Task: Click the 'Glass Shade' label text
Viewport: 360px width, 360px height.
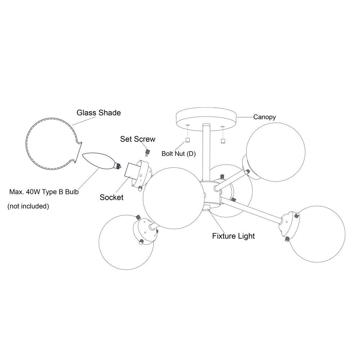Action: click(x=99, y=113)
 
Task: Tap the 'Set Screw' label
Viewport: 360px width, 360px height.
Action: click(x=138, y=139)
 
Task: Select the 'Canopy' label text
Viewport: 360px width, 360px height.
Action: click(x=265, y=117)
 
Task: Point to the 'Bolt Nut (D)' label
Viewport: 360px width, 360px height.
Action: click(x=179, y=154)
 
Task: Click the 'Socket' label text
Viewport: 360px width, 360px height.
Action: click(x=111, y=197)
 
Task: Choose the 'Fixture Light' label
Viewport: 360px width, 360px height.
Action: click(x=233, y=236)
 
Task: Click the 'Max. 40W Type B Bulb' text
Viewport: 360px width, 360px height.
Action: click(x=44, y=192)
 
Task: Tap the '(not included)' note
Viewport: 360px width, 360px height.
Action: click(x=28, y=206)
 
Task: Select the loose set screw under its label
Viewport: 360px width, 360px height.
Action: click(x=147, y=153)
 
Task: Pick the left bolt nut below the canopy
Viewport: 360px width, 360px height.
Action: click(x=188, y=140)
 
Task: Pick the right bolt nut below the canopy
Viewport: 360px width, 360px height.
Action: click(x=222, y=141)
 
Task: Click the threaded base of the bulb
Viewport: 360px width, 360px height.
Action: click(x=118, y=166)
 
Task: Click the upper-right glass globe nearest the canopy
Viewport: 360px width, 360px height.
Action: click(x=275, y=152)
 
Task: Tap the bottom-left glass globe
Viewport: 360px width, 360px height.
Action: click(x=126, y=242)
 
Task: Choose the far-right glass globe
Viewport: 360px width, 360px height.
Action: click(x=317, y=234)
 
